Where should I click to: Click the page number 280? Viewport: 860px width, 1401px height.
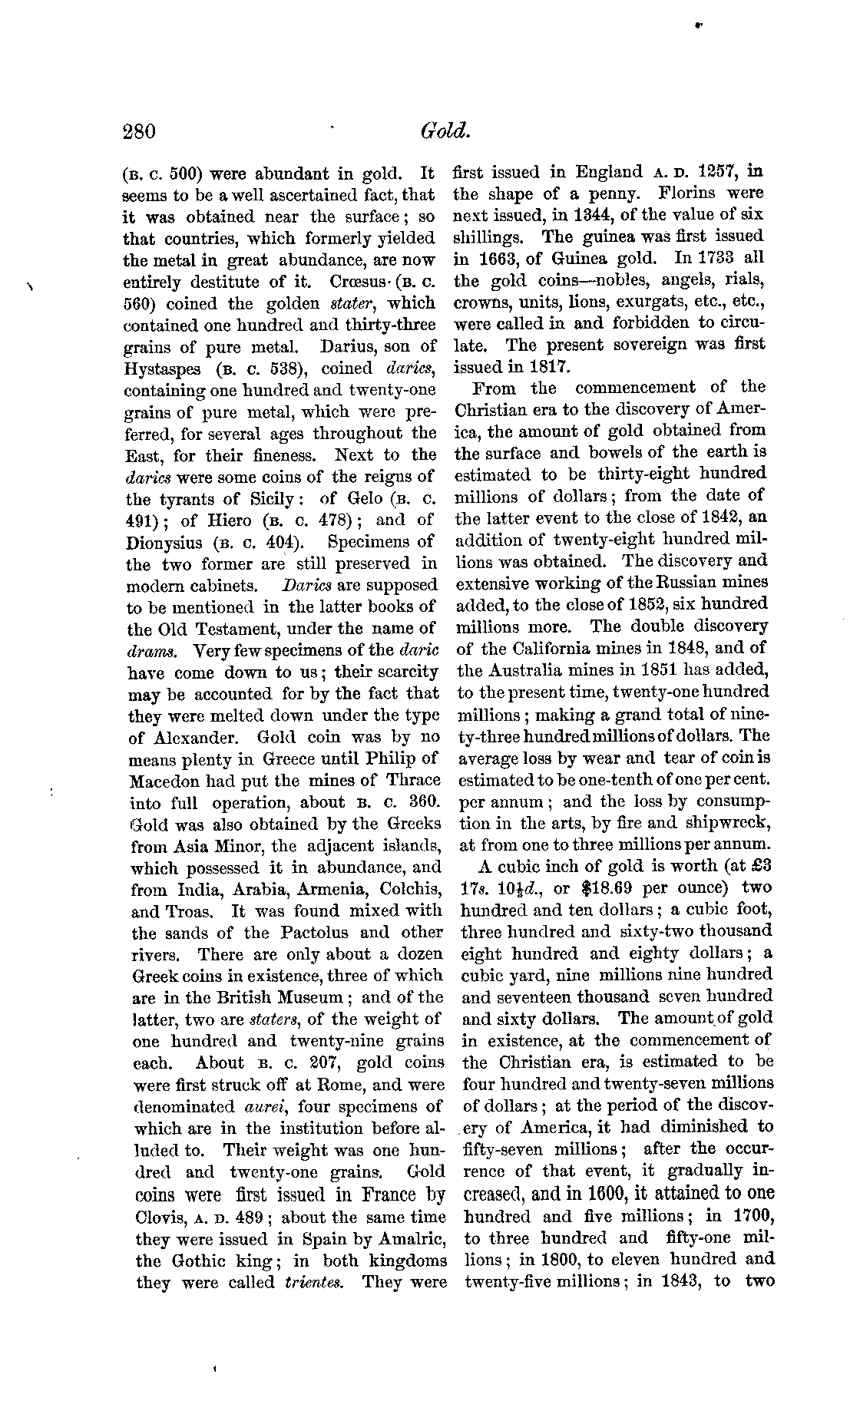pos(139,132)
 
